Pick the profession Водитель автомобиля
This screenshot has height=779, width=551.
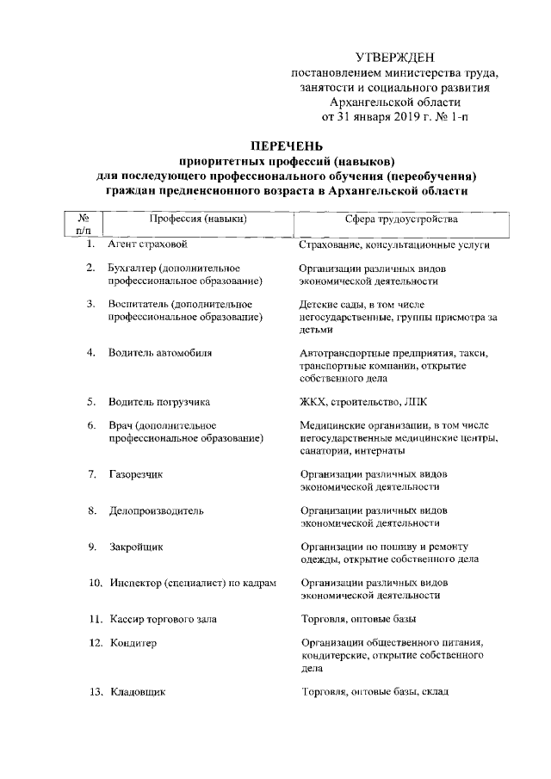(x=160, y=354)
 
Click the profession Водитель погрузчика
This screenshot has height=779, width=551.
(x=158, y=402)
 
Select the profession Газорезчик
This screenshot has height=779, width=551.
(x=136, y=474)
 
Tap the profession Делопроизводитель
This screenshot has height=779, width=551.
(x=156, y=510)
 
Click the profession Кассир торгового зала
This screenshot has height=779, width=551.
(x=164, y=619)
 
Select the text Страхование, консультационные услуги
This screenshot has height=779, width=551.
(x=394, y=245)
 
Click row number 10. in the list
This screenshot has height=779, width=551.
(x=96, y=583)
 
